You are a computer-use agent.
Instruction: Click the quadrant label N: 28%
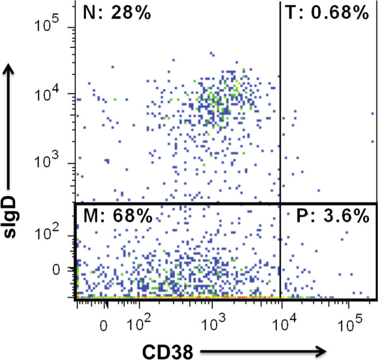117,12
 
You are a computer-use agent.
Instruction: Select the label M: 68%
117,217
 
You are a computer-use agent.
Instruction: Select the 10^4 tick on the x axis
281,325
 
